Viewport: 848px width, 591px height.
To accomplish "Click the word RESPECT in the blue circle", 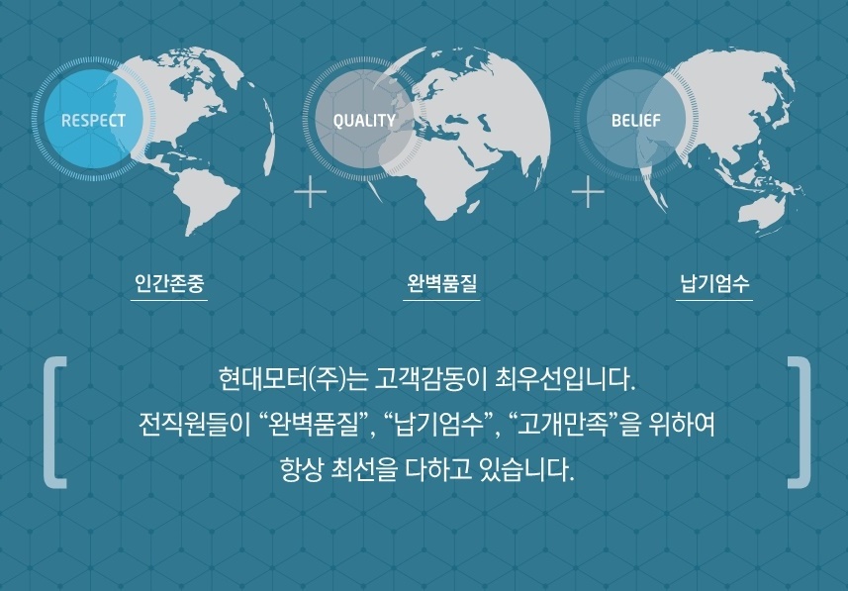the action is click(x=93, y=120).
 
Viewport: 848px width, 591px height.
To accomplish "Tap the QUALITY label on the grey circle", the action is click(x=364, y=120).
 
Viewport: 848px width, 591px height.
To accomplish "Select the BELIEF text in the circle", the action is click(x=636, y=120).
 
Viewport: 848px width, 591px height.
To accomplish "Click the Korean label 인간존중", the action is click(x=169, y=283).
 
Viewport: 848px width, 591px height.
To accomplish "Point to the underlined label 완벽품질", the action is click(x=441, y=283).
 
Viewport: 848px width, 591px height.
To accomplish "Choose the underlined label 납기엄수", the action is click(x=714, y=283).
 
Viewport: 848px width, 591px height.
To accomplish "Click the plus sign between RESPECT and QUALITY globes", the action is click(x=311, y=192).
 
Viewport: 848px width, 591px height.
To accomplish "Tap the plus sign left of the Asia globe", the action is click(x=588, y=192).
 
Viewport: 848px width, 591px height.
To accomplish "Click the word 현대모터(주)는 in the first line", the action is click(x=294, y=379).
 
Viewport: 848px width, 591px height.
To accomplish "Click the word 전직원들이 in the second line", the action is click(x=194, y=425).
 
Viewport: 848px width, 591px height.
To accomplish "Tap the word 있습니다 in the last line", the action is click(x=526, y=470).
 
